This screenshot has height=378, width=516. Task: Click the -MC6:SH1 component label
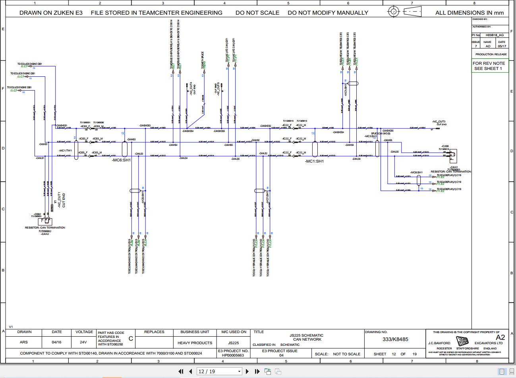122,160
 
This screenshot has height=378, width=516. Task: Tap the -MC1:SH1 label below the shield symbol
314,161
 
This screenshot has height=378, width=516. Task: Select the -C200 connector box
452,154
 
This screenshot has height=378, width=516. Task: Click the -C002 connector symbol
45,221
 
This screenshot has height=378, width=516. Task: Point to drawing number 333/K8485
395,339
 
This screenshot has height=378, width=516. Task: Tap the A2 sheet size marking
500,337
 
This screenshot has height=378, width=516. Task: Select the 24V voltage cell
83,342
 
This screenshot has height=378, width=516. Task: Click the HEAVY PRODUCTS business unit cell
195,343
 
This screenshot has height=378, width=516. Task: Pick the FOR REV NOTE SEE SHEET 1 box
489,66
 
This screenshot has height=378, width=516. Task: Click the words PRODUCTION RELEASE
491,54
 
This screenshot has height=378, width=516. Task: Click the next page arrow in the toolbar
247,371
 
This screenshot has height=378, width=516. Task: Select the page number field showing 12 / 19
219,371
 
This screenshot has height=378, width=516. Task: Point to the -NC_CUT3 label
439,122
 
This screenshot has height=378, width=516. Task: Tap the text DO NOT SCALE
257,13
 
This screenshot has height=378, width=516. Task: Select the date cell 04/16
57,342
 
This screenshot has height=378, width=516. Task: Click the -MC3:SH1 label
371,136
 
